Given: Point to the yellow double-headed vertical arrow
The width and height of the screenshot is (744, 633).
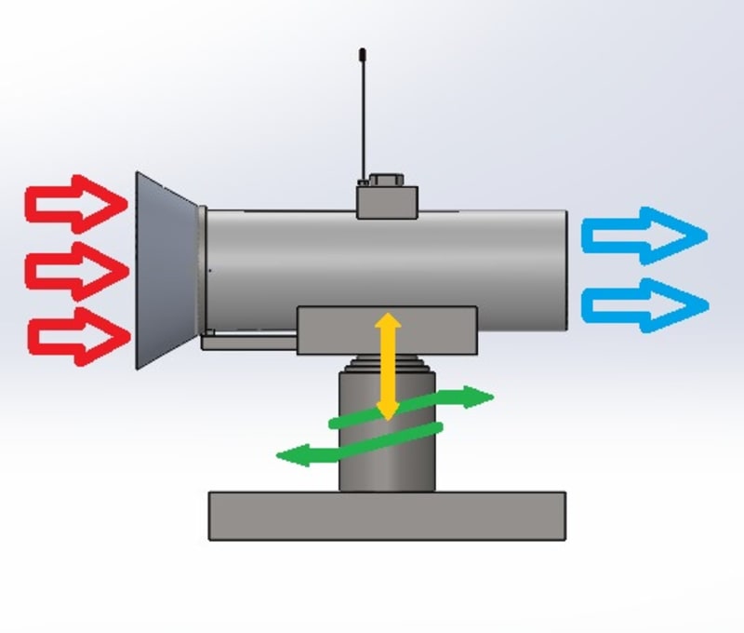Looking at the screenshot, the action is pyautogui.click(x=387, y=366).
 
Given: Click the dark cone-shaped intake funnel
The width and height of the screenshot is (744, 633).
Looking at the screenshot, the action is pyautogui.click(x=166, y=270).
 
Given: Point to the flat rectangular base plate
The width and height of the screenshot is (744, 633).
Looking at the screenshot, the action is pyautogui.click(x=387, y=516).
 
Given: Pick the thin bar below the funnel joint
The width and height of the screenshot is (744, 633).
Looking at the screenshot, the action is pyautogui.click(x=249, y=342).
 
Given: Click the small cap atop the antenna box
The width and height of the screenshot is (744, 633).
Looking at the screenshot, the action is pyautogui.click(x=383, y=179).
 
